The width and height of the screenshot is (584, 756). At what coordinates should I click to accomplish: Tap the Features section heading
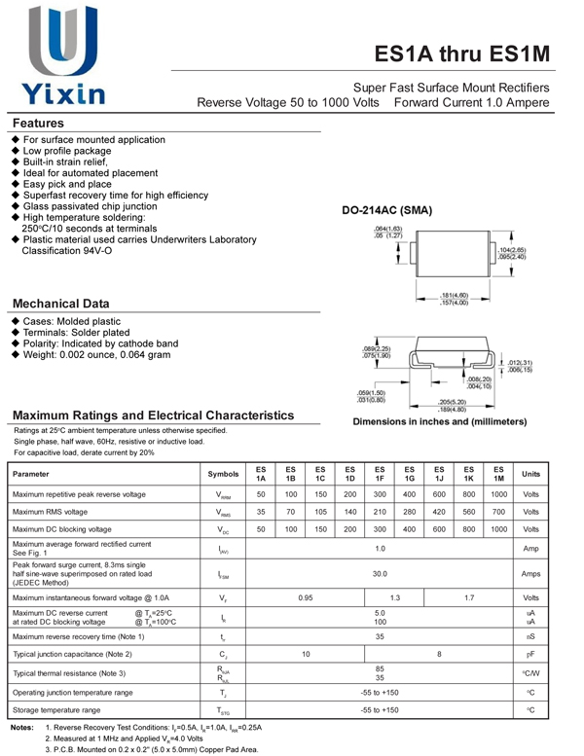[x=38, y=124]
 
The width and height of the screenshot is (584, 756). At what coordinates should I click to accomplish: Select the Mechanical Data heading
[x=60, y=304]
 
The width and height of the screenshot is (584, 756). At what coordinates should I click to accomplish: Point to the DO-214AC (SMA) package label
[x=386, y=211]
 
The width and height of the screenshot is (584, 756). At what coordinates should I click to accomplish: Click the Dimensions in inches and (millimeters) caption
[x=439, y=422]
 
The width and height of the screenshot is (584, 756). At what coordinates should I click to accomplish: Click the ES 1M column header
[x=498, y=474]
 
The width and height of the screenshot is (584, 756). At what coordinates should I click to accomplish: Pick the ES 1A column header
[x=261, y=474]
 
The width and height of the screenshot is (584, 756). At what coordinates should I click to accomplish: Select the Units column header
[x=530, y=474]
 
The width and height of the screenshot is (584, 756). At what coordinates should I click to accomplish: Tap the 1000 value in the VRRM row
[x=498, y=494]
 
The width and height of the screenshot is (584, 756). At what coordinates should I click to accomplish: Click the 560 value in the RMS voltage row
[x=468, y=512]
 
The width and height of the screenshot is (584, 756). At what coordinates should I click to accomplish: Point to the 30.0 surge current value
[x=380, y=574]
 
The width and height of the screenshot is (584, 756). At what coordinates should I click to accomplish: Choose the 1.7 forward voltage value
[x=468, y=597]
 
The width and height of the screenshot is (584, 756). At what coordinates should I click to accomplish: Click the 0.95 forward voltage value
[x=305, y=597]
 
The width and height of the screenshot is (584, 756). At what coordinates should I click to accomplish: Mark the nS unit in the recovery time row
[x=530, y=636]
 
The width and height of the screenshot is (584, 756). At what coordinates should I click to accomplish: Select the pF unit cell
[x=530, y=654]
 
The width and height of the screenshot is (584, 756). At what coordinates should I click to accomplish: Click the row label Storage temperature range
[x=56, y=710]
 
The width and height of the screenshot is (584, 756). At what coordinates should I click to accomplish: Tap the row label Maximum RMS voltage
[x=50, y=512]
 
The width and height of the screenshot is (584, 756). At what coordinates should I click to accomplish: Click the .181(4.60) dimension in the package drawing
[x=455, y=295]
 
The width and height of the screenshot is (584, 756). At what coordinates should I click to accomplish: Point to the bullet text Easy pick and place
[x=67, y=184]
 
